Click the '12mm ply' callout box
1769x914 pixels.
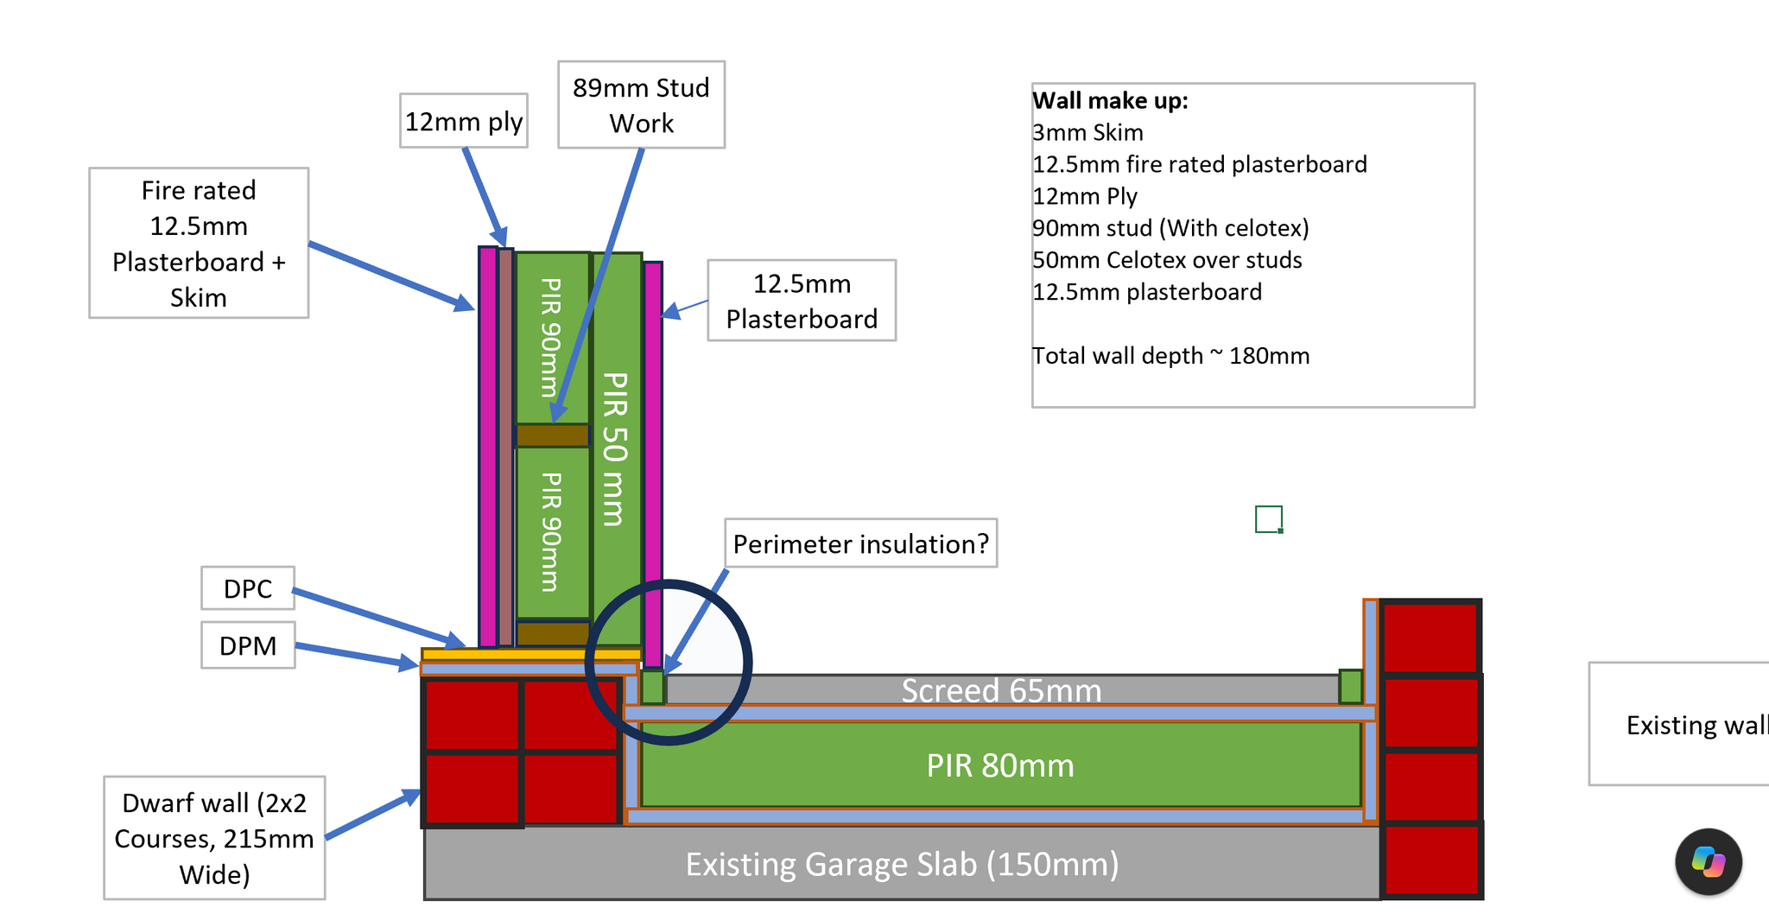(464, 121)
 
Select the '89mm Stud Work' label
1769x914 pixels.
(641, 105)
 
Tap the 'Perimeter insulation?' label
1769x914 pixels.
(860, 543)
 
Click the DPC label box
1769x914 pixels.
(248, 588)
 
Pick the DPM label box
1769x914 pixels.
(248, 645)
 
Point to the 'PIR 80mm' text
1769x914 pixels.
(1000, 765)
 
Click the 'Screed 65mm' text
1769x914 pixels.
(1001, 690)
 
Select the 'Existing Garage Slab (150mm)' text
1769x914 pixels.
(902, 864)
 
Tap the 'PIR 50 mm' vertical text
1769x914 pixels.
(615, 448)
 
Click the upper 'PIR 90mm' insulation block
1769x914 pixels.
(553, 338)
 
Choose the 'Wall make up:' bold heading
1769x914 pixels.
(1110, 100)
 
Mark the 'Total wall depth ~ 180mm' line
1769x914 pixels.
(1170, 356)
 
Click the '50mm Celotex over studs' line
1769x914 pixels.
(1167, 260)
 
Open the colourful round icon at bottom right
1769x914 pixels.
(1709, 861)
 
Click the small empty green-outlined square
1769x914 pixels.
(1269, 519)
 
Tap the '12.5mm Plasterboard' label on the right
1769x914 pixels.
(802, 301)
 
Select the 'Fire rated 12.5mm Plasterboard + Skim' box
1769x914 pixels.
(199, 243)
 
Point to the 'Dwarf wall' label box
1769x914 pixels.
(214, 838)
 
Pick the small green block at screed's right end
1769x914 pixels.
(1351, 687)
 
